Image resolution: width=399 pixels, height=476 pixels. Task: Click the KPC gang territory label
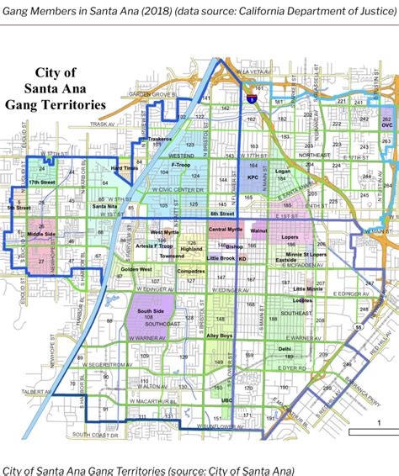tap(253, 178)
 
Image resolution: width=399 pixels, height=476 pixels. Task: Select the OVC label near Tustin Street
tap(386, 125)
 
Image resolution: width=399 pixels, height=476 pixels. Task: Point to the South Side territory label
tap(151, 311)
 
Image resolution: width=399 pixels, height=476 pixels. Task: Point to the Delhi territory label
tap(285, 348)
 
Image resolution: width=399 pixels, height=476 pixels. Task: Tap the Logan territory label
tap(282, 171)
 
